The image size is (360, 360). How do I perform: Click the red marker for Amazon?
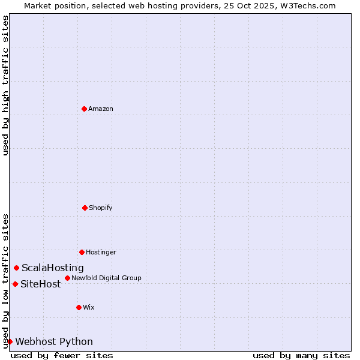[84, 109]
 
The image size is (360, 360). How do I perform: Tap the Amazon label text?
[101, 109]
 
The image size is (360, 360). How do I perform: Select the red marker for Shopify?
[85, 208]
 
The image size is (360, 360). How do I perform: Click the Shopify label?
[101, 208]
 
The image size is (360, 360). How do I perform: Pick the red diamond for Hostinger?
[82, 252]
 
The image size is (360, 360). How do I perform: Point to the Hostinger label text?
[101, 253]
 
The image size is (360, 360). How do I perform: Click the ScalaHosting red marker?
[16, 268]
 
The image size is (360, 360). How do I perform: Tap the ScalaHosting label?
[53, 268]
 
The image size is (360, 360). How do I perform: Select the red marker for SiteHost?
[15, 284]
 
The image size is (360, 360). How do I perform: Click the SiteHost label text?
[41, 284]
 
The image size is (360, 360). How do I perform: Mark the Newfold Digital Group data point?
[67, 278]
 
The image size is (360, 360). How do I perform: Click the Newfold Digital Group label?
[106, 278]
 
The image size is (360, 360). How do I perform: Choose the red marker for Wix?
[79, 307]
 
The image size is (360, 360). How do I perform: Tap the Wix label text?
[89, 308]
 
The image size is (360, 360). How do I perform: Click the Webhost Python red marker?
[10, 341]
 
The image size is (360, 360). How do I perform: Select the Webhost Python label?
[54, 342]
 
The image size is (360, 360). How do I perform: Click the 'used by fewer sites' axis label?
[62, 355]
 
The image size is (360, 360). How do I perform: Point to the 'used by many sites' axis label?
[301, 355]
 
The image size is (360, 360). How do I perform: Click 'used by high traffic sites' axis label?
[6, 85]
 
